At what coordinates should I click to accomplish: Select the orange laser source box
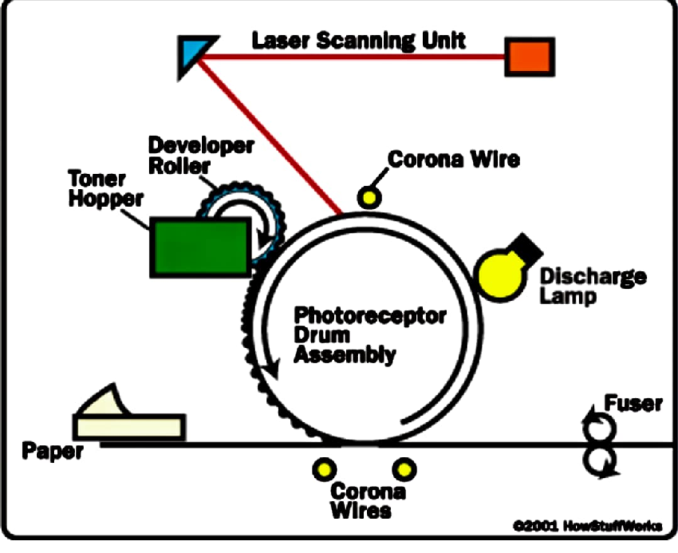point(529,57)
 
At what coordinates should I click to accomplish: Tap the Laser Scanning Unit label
point(359,41)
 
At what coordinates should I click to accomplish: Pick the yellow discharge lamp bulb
point(500,274)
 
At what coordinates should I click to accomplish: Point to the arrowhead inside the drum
point(272,370)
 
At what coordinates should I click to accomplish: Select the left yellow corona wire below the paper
point(324,468)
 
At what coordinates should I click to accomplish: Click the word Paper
point(52,452)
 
